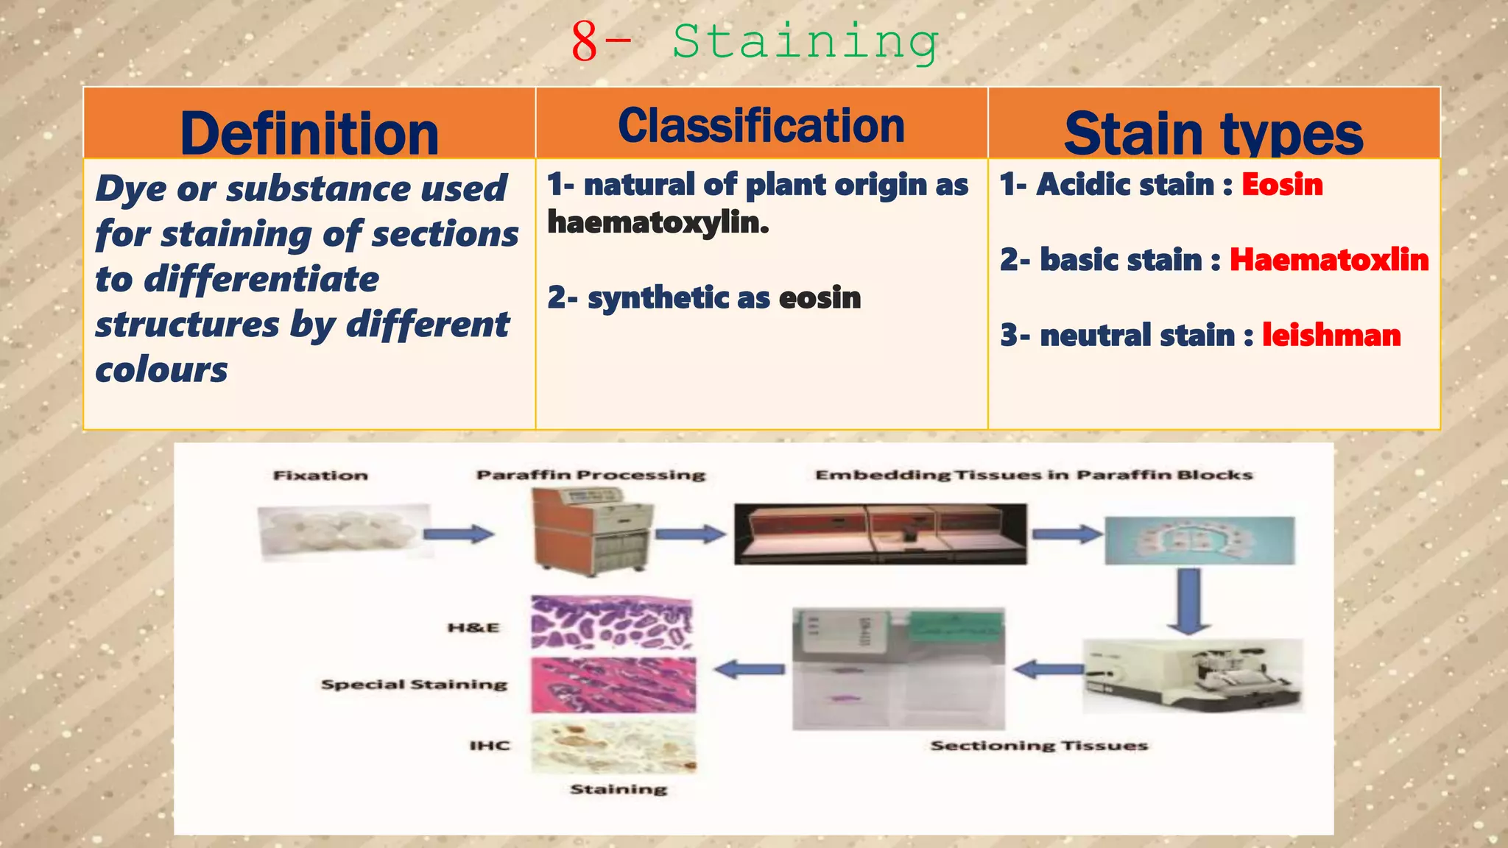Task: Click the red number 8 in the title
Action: [584, 43]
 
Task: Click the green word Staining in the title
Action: [805, 43]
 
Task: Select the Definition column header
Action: [309, 132]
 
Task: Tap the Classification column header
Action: [761, 126]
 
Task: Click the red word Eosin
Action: [1282, 185]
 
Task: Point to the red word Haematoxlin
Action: [1329, 260]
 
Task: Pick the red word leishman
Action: [1331, 336]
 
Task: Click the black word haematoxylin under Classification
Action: [658, 222]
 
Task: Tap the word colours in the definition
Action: [162, 370]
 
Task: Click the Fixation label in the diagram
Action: [320, 476]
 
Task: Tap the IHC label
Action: [490, 746]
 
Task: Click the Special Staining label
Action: [414, 685]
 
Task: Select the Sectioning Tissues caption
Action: [1039, 746]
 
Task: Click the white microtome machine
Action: [1193, 676]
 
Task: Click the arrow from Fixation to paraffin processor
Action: [459, 534]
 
